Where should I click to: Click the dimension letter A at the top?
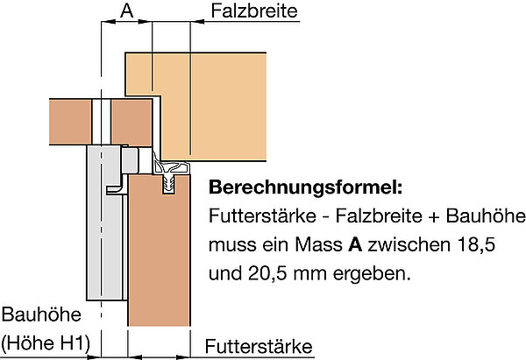pyautogui.click(x=127, y=11)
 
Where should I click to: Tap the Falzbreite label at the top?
pyautogui.click(x=254, y=11)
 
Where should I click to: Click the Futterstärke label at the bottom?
pyautogui.click(x=259, y=347)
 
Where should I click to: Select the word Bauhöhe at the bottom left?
pyautogui.click(x=41, y=314)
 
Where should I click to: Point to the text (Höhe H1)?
pyautogui.click(x=46, y=343)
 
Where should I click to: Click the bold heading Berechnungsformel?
pyautogui.click(x=305, y=187)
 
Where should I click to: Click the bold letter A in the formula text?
pyautogui.click(x=355, y=245)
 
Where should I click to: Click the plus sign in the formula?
pyautogui.click(x=434, y=216)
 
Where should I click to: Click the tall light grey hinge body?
pyautogui.click(x=104, y=222)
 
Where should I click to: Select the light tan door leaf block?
pyautogui.click(x=208, y=107)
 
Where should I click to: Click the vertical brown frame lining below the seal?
pyautogui.click(x=159, y=250)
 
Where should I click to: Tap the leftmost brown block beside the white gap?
pyautogui.click(x=70, y=122)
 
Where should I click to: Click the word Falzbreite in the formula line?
pyautogui.click(x=379, y=215)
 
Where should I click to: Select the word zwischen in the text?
pyautogui.click(x=409, y=245)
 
